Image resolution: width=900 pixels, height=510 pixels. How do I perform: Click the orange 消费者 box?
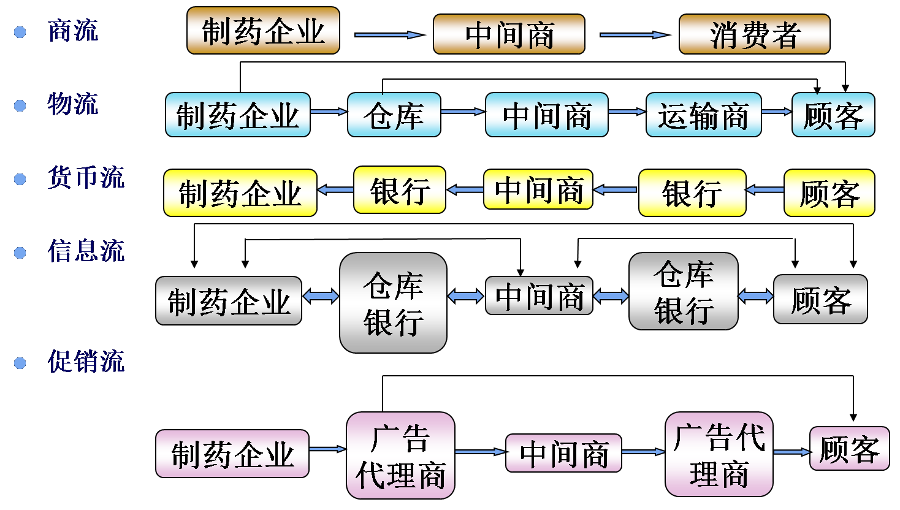(x=754, y=34)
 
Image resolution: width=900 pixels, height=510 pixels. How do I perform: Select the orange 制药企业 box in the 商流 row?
(x=263, y=31)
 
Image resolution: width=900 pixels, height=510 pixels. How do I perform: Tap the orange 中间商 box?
(x=509, y=34)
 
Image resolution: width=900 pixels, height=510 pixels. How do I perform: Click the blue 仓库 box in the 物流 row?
(x=394, y=115)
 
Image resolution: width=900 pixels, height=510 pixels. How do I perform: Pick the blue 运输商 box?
(x=703, y=115)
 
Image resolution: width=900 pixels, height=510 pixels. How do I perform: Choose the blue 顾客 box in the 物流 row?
(x=833, y=115)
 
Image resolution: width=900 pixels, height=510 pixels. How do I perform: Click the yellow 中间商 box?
(x=538, y=189)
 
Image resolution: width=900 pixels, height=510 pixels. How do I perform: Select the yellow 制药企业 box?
(x=240, y=193)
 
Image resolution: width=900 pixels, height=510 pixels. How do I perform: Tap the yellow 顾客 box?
(x=829, y=193)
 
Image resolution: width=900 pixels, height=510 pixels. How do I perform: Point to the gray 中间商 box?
(x=539, y=296)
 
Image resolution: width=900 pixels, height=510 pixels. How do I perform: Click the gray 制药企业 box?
(x=228, y=300)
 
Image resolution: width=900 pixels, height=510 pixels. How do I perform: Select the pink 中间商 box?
(x=563, y=453)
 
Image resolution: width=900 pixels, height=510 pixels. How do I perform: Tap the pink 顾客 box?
(x=849, y=449)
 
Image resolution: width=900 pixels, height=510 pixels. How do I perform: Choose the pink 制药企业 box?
(x=232, y=454)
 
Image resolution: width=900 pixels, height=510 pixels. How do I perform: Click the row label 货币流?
(x=86, y=178)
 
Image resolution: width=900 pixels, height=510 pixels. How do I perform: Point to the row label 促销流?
(x=86, y=362)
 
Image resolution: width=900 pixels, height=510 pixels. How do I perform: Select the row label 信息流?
(x=86, y=251)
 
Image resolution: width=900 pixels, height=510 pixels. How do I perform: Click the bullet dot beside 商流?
(x=20, y=32)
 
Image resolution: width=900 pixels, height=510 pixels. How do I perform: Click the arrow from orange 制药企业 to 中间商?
(x=389, y=35)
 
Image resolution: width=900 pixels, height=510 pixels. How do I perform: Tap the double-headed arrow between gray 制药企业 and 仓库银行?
(x=321, y=297)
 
